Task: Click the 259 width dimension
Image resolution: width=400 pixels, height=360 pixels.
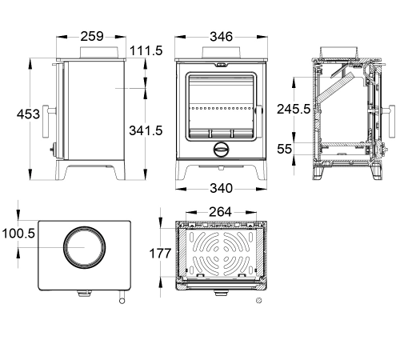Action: coord(92,36)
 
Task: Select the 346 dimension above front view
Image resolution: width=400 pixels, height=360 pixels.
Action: coord(221,37)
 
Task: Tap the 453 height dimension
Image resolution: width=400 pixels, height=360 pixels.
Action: coord(28,114)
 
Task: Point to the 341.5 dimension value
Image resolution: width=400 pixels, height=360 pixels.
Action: coord(146,130)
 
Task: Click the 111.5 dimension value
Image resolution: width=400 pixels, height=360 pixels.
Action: coord(146,50)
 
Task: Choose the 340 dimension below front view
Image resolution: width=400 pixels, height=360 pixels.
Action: coord(221,188)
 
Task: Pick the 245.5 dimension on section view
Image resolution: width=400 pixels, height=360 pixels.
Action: coord(294,109)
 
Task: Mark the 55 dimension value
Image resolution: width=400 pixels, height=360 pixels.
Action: coord(284,149)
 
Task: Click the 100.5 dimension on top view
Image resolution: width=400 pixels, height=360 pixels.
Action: coord(18,234)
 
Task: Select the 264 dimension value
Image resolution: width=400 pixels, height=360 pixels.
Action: coord(220,212)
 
